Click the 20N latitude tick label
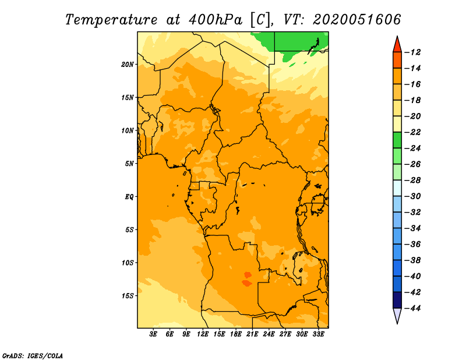[x=128, y=65]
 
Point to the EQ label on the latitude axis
[x=129, y=197]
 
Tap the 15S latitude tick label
[x=128, y=296]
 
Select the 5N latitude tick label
[x=129, y=164]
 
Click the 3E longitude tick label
[x=153, y=334]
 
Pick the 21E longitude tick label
[x=252, y=334]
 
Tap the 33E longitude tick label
[x=318, y=334]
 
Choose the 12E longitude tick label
[x=203, y=334]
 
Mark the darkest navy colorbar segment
[x=397, y=300]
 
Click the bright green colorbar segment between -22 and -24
[x=397, y=140]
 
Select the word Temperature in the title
[x=111, y=20]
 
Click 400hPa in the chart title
[x=216, y=20]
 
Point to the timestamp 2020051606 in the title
[x=357, y=20]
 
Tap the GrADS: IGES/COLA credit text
[x=33, y=355]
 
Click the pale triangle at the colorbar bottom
[x=397, y=315]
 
